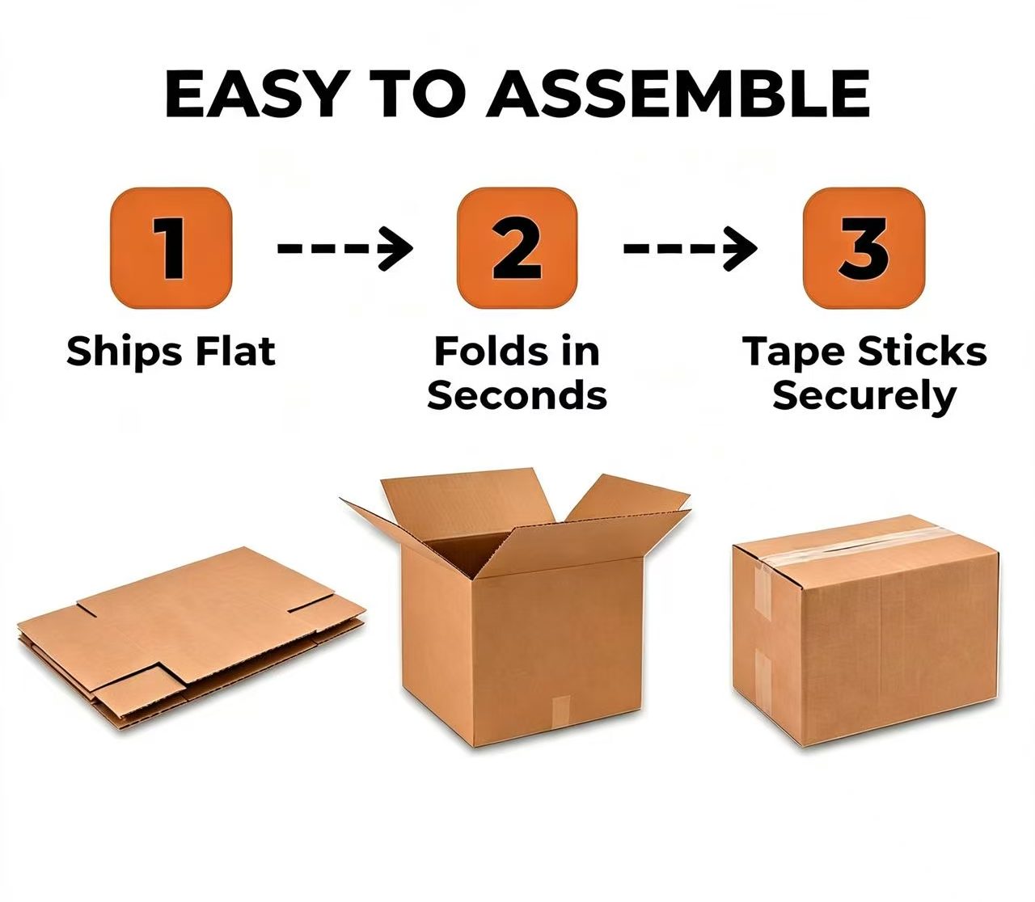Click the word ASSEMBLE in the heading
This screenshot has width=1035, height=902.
[679, 94]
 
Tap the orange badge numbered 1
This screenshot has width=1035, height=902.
[171, 248]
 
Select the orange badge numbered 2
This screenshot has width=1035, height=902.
[517, 248]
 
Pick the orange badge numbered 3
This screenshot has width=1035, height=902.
[864, 248]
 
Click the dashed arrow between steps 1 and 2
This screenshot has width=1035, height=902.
[345, 248]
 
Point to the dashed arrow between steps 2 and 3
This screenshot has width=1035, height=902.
[690, 248]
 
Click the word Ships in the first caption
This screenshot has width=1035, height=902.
[125, 352]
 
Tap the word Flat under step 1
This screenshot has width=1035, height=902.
[235, 351]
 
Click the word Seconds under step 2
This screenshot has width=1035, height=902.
[517, 395]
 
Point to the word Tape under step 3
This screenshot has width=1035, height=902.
[794, 353]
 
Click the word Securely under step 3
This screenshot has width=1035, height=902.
[864, 398]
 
